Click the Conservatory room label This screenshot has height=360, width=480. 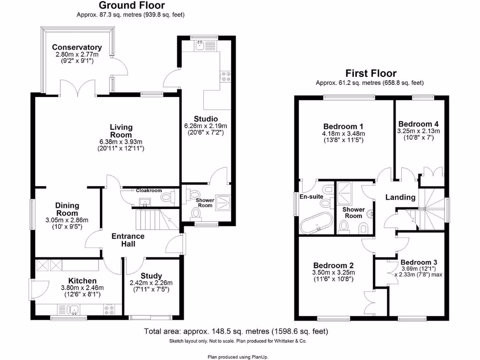(77, 47)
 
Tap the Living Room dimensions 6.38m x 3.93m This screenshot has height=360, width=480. (121, 141)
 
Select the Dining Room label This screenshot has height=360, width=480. (67, 210)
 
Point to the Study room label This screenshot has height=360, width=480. (151, 276)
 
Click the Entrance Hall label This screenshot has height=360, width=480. (128, 240)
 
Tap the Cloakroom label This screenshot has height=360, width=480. (149, 191)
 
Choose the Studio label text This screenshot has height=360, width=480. (205, 118)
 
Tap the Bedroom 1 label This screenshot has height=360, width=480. (343, 127)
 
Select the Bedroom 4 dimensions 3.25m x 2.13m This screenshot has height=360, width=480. (418, 132)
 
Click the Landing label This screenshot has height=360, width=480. (400, 197)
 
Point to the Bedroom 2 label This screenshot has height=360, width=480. (333, 265)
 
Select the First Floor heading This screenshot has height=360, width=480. (370, 73)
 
